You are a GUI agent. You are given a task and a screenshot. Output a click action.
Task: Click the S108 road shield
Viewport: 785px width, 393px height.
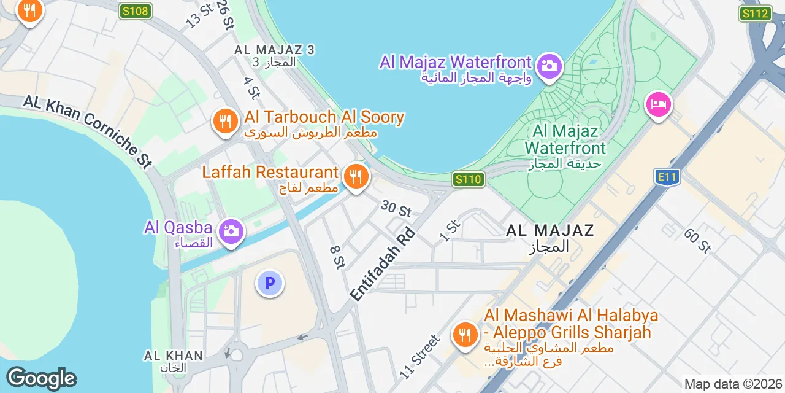click(135, 10)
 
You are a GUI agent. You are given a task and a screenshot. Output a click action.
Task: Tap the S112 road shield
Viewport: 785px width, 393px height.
click(755, 14)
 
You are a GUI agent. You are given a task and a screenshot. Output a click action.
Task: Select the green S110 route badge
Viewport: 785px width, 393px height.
click(469, 179)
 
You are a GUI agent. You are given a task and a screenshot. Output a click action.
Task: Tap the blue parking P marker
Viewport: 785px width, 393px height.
click(269, 283)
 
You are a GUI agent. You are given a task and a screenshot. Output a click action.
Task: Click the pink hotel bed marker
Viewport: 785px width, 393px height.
click(659, 104)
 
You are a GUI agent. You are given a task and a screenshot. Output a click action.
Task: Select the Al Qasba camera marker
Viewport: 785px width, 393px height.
click(231, 232)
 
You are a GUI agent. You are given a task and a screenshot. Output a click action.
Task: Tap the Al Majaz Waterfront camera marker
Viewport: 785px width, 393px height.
click(549, 66)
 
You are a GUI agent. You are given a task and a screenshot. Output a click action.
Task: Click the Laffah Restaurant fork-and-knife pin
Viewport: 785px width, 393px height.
click(355, 176)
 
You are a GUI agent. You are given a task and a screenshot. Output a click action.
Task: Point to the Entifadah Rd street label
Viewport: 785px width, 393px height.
click(383, 265)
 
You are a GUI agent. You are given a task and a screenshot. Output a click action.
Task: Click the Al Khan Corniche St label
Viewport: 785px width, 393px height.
click(88, 131)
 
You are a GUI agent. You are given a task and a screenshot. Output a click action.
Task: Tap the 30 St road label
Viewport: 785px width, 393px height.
click(396, 208)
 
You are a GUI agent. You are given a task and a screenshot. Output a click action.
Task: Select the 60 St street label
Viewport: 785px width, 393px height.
click(697, 240)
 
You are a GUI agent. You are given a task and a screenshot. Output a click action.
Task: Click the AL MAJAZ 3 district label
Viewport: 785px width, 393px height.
click(275, 50)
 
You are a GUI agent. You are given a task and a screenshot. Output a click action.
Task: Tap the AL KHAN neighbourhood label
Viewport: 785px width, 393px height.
click(173, 356)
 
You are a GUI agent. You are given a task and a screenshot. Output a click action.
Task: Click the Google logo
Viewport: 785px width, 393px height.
click(41, 378)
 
